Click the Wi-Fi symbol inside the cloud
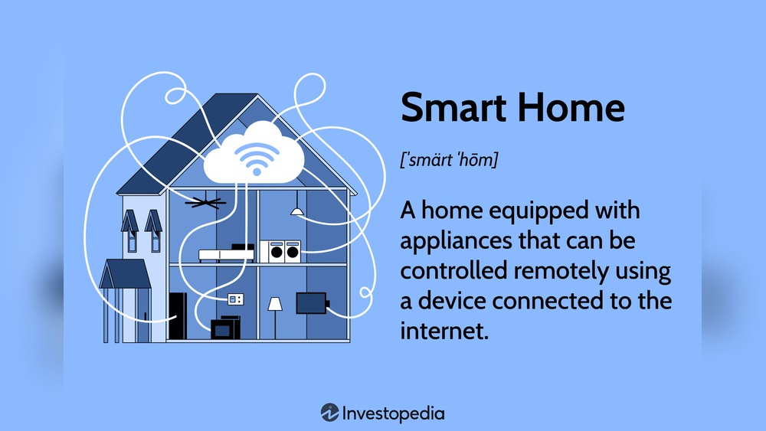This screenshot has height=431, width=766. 255,158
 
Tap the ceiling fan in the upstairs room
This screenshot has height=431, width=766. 205,202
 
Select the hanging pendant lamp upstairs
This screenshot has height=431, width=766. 296,210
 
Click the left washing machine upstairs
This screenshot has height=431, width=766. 277,250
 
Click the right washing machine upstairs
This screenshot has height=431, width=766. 293,250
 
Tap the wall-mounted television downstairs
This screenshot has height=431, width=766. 311,302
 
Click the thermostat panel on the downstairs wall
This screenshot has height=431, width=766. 235,298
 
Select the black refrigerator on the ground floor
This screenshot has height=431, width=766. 178,315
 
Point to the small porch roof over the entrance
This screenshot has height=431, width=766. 124,274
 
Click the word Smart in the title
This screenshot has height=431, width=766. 454,107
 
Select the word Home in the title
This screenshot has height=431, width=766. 571,107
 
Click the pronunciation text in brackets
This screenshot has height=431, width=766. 449,162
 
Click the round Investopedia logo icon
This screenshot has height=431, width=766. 329,413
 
